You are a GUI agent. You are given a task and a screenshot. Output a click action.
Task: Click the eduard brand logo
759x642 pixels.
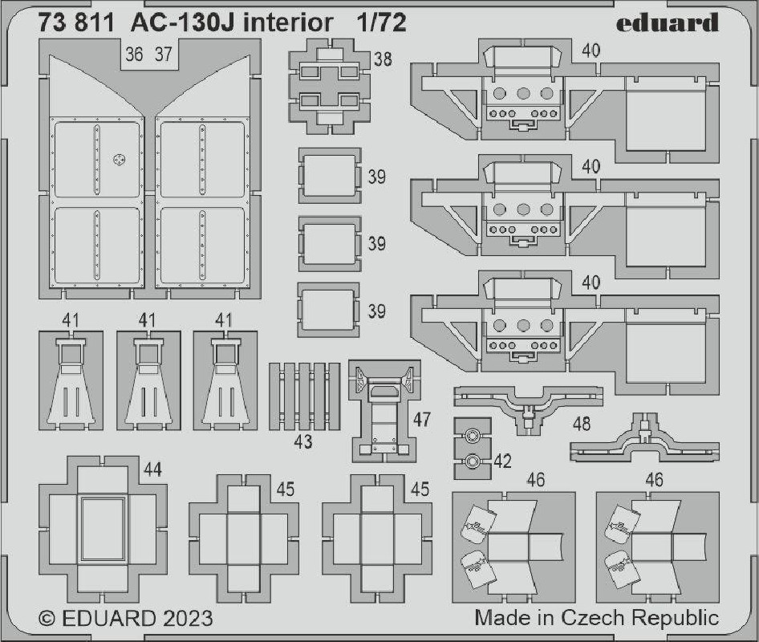(x=667, y=22)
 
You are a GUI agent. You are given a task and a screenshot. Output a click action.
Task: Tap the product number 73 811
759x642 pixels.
(x=76, y=23)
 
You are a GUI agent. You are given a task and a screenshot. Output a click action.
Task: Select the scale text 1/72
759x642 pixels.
(x=381, y=23)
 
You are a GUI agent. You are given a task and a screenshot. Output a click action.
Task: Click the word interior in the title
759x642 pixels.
(x=289, y=23)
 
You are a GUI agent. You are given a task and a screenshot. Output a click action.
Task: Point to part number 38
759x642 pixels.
(x=383, y=59)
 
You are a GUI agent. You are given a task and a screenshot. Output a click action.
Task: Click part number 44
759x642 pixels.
(x=153, y=469)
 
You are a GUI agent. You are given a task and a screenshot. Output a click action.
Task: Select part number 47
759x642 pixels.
(x=421, y=419)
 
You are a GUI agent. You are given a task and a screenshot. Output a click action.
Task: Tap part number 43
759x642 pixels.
(x=303, y=441)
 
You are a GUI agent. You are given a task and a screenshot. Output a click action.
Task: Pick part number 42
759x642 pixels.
(x=502, y=461)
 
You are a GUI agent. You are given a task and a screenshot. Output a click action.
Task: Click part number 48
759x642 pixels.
(x=582, y=425)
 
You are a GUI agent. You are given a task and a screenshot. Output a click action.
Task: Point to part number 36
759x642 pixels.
(x=134, y=55)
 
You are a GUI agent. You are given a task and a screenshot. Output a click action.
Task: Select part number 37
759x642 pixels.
(x=164, y=55)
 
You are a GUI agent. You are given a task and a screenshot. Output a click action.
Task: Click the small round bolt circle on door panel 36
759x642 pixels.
(x=119, y=159)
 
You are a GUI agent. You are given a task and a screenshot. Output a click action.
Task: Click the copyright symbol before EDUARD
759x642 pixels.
(x=47, y=619)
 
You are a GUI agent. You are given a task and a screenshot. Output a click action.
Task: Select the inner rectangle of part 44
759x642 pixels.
(x=103, y=529)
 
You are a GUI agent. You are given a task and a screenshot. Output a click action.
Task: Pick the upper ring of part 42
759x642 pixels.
(x=471, y=436)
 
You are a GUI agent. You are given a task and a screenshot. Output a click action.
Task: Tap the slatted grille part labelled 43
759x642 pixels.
(x=304, y=396)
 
